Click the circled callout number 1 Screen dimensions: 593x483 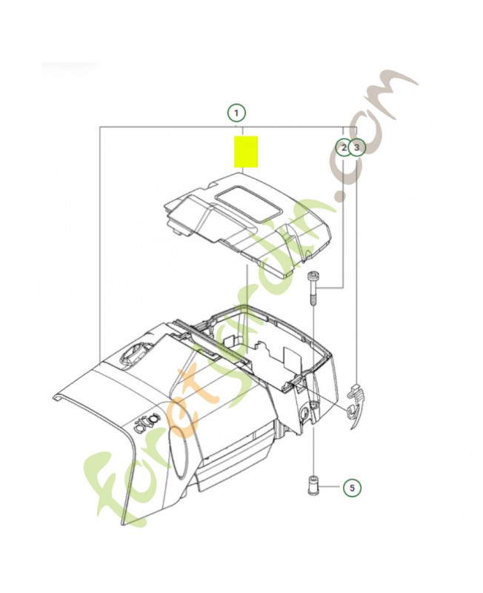click(x=236, y=113)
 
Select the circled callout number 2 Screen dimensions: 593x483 click(x=343, y=148)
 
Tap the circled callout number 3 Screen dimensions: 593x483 click(x=357, y=148)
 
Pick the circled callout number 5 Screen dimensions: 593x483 click(x=352, y=488)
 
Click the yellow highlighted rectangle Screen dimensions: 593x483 click(x=246, y=151)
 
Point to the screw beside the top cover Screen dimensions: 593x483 click(x=313, y=294)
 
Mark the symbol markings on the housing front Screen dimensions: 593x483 click(x=146, y=420)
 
